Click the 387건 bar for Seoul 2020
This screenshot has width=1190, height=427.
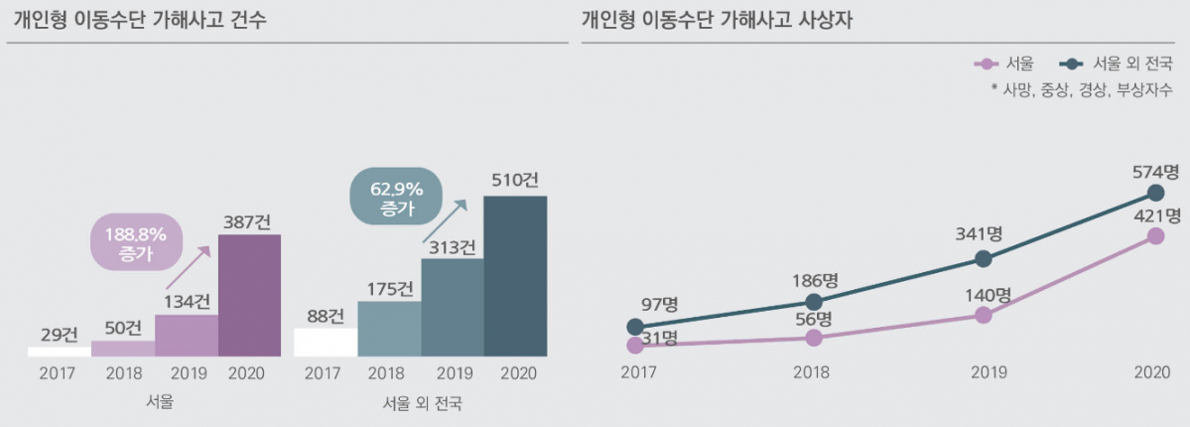[x=249, y=295]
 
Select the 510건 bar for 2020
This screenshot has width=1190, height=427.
[x=515, y=276]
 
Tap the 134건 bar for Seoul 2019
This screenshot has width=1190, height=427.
[x=187, y=336]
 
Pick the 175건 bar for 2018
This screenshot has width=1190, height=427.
[x=389, y=329]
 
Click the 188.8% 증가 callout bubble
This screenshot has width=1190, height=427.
[x=135, y=242]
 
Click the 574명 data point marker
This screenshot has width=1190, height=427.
[x=1154, y=192]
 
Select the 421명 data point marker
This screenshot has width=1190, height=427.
[x=1154, y=235]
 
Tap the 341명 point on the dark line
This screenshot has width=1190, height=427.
[x=983, y=258]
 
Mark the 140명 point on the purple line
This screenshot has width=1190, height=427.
[x=983, y=315]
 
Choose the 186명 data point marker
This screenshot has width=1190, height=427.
[x=814, y=302]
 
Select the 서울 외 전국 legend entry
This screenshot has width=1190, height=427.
[x=1117, y=64]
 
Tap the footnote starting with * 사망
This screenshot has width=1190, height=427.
[x=1081, y=89]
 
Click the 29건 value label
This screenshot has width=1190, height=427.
[x=59, y=334]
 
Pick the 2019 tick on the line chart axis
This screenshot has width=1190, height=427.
[x=983, y=372]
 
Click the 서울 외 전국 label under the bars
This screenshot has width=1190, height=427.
[x=422, y=404]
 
